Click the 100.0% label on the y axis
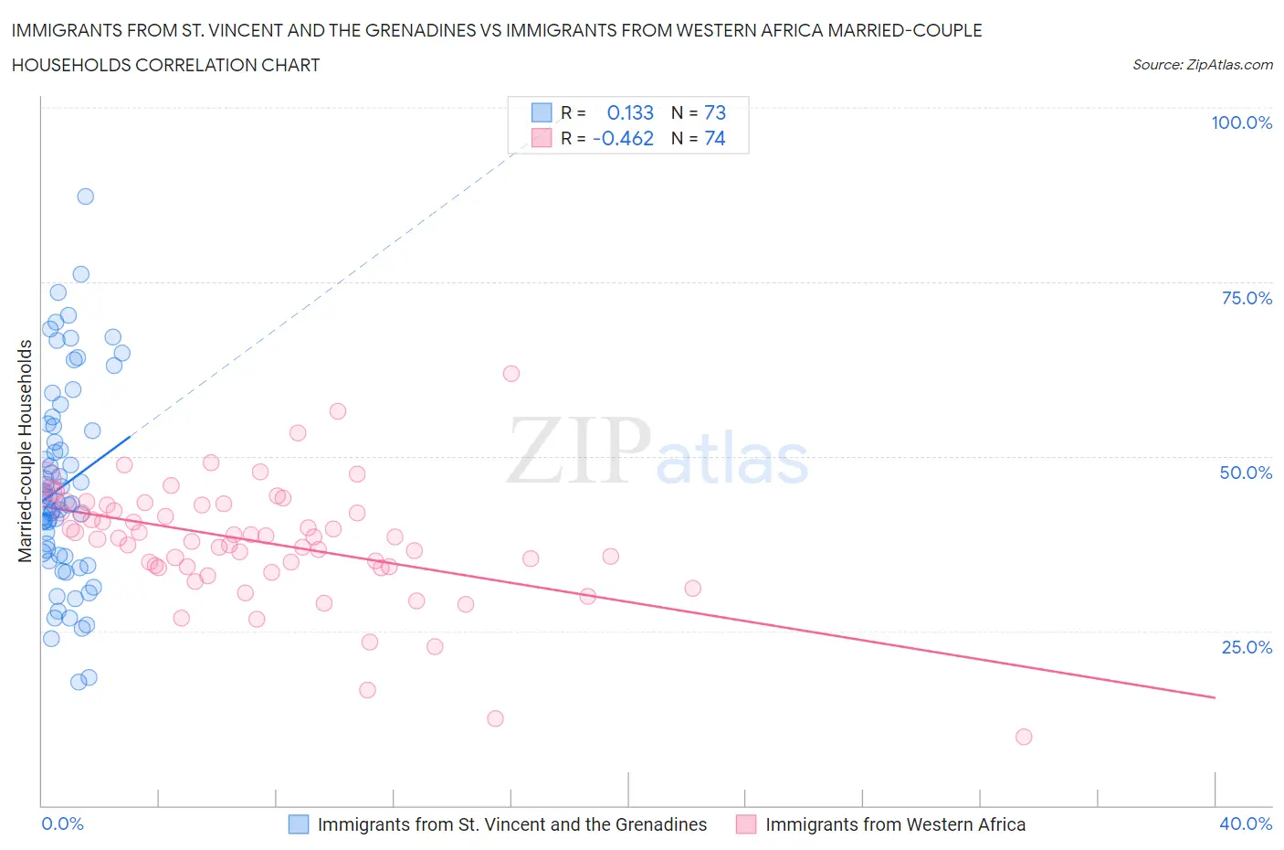point(1241,122)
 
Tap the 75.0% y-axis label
point(1247,298)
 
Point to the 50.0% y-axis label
point(1246,473)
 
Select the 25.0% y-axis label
point(1247,647)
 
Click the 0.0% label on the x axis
point(62,823)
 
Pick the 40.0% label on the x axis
point(1246,823)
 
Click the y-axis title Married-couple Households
point(26,451)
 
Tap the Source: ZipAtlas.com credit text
point(1202,64)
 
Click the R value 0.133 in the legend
point(630,112)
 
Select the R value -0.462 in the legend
point(623,138)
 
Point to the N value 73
point(714,112)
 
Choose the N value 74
point(714,138)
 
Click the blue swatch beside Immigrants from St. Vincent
point(299,824)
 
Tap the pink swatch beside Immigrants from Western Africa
point(746,824)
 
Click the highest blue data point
point(85,197)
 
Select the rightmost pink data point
point(1024,737)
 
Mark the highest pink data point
point(511,374)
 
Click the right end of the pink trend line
point(1215,697)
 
